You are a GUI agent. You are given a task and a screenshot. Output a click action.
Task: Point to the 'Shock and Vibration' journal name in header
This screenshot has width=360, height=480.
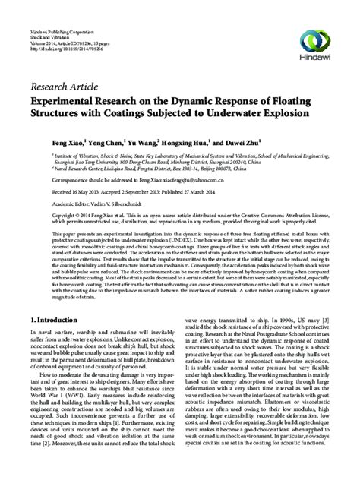click(45, 16)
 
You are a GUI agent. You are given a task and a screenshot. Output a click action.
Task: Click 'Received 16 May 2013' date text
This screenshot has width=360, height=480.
click(54, 192)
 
